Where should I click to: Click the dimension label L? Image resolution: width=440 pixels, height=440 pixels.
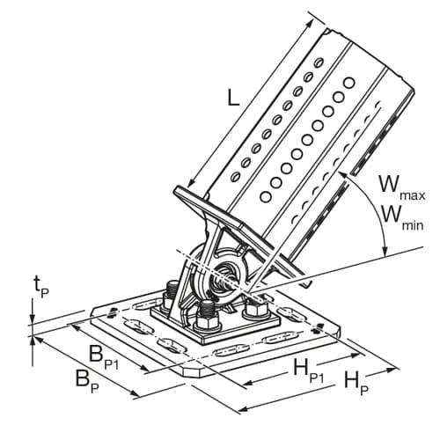[x=234, y=98]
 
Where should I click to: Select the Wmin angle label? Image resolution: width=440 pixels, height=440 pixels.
[x=401, y=218]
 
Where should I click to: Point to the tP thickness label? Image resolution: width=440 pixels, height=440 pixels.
[x=41, y=288]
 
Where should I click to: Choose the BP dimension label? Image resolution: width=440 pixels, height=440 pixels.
[x=87, y=381]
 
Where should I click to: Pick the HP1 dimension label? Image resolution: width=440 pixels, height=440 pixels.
[x=309, y=371]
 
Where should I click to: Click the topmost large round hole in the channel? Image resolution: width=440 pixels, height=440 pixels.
[x=349, y=83]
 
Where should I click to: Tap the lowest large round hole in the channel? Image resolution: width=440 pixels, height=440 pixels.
[x=266, y=196]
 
